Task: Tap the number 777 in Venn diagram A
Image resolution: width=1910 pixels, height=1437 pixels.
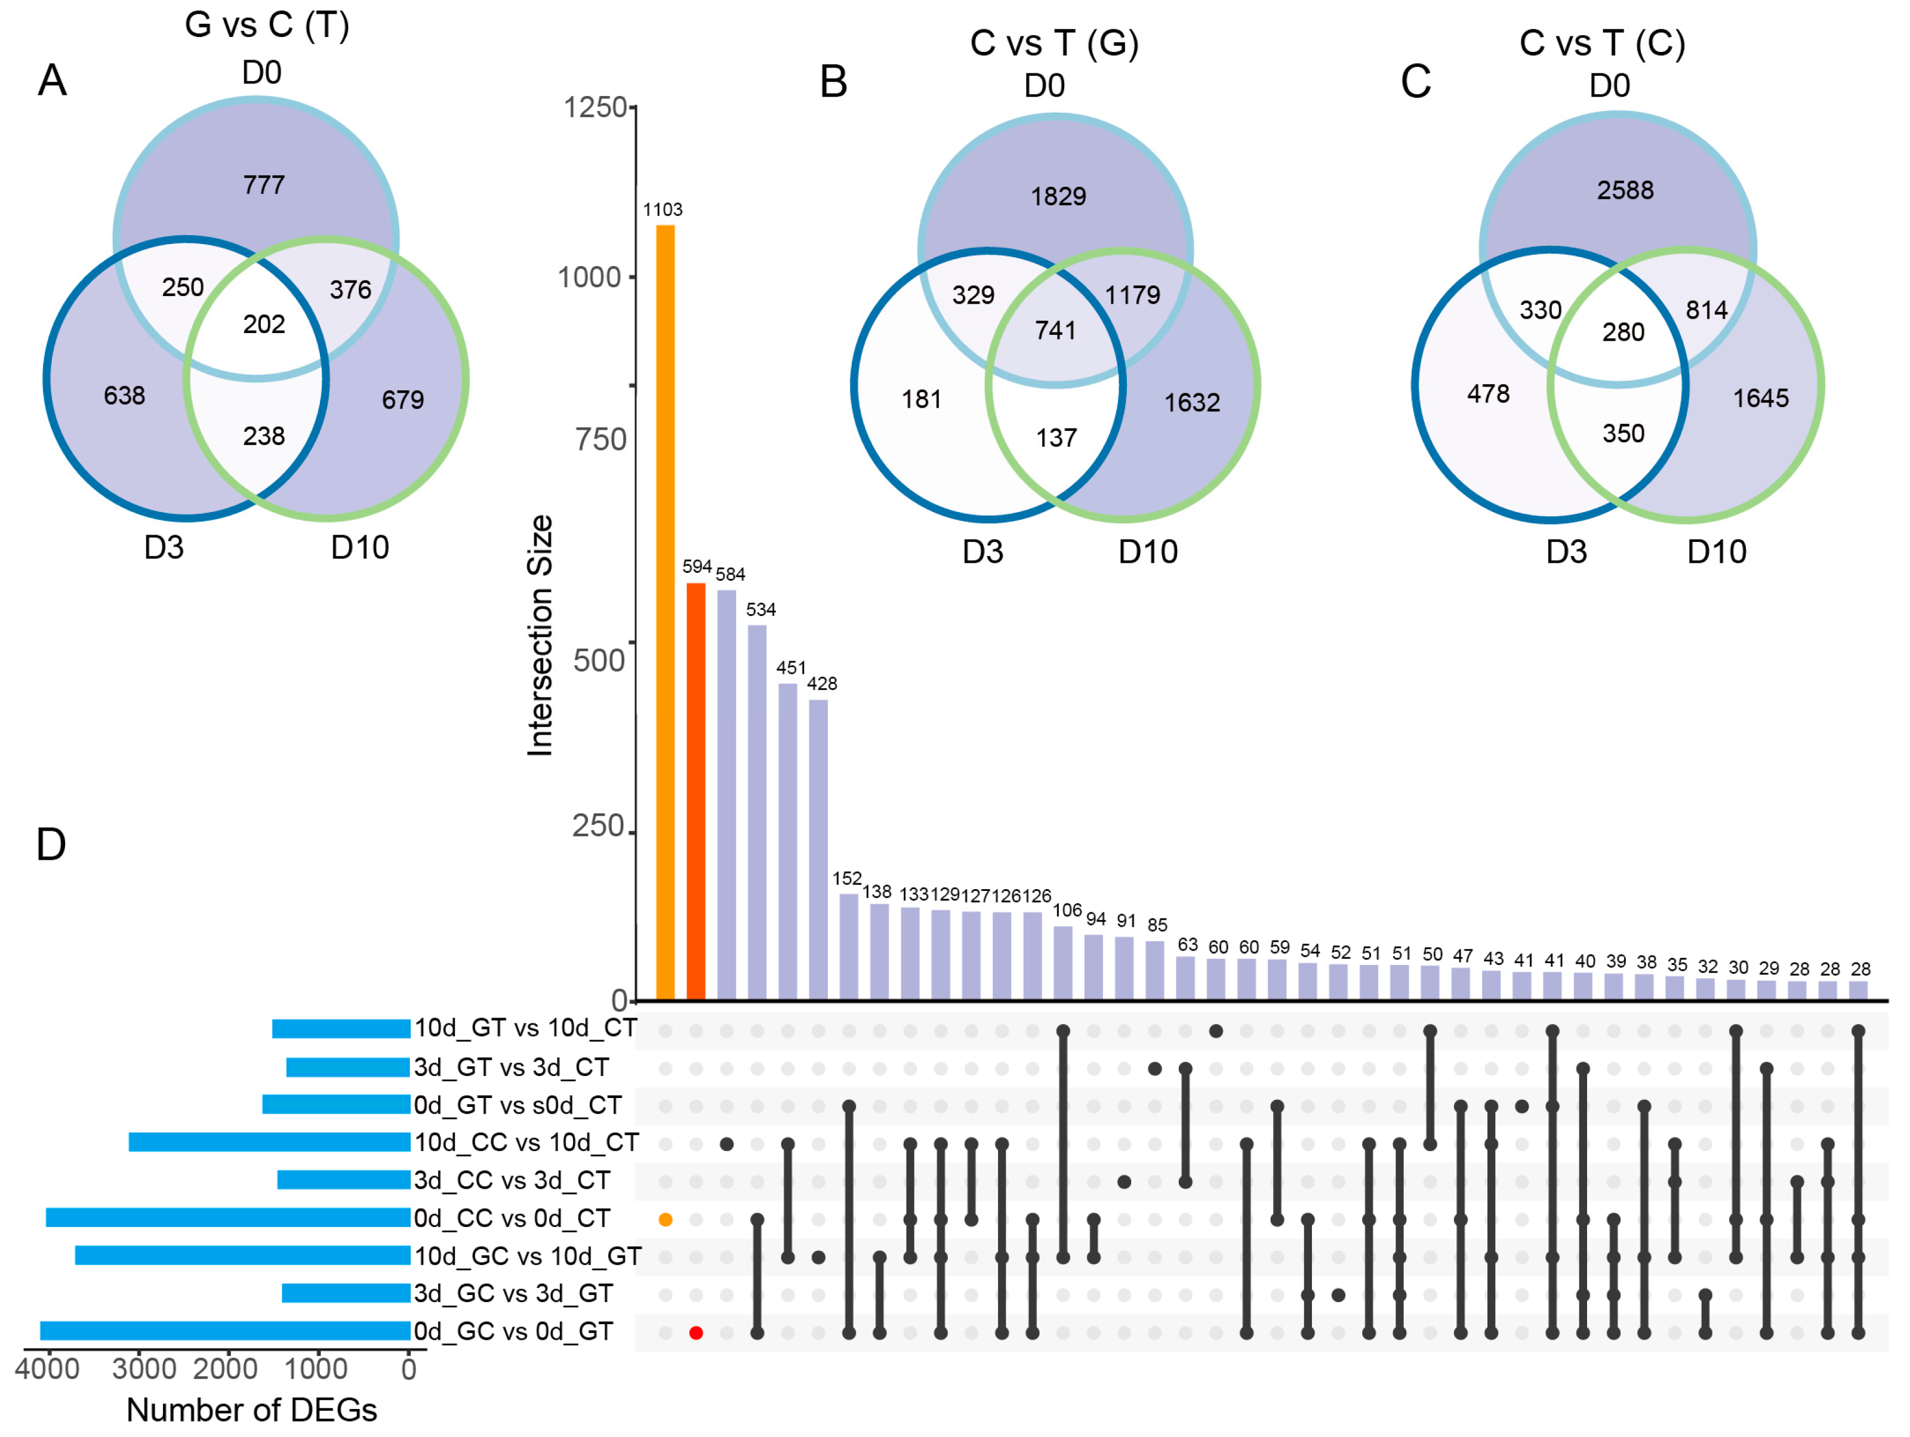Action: (263, 184)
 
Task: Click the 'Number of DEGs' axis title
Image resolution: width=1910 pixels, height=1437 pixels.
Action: (251, 1410)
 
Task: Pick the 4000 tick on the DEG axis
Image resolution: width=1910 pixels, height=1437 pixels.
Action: (48, 1369)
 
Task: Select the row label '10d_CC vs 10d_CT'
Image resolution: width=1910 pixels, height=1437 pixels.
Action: (526, 1143)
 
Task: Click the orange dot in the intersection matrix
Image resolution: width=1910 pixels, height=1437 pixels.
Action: (666, 1220)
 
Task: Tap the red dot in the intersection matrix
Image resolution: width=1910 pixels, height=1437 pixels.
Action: (696, 1333)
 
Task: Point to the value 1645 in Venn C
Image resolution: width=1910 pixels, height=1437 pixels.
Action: (1761, 398)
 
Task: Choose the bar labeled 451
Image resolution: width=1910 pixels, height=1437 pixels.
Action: (787, 841)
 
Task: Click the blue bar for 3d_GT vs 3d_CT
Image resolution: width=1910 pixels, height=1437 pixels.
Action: (348, 1068)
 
